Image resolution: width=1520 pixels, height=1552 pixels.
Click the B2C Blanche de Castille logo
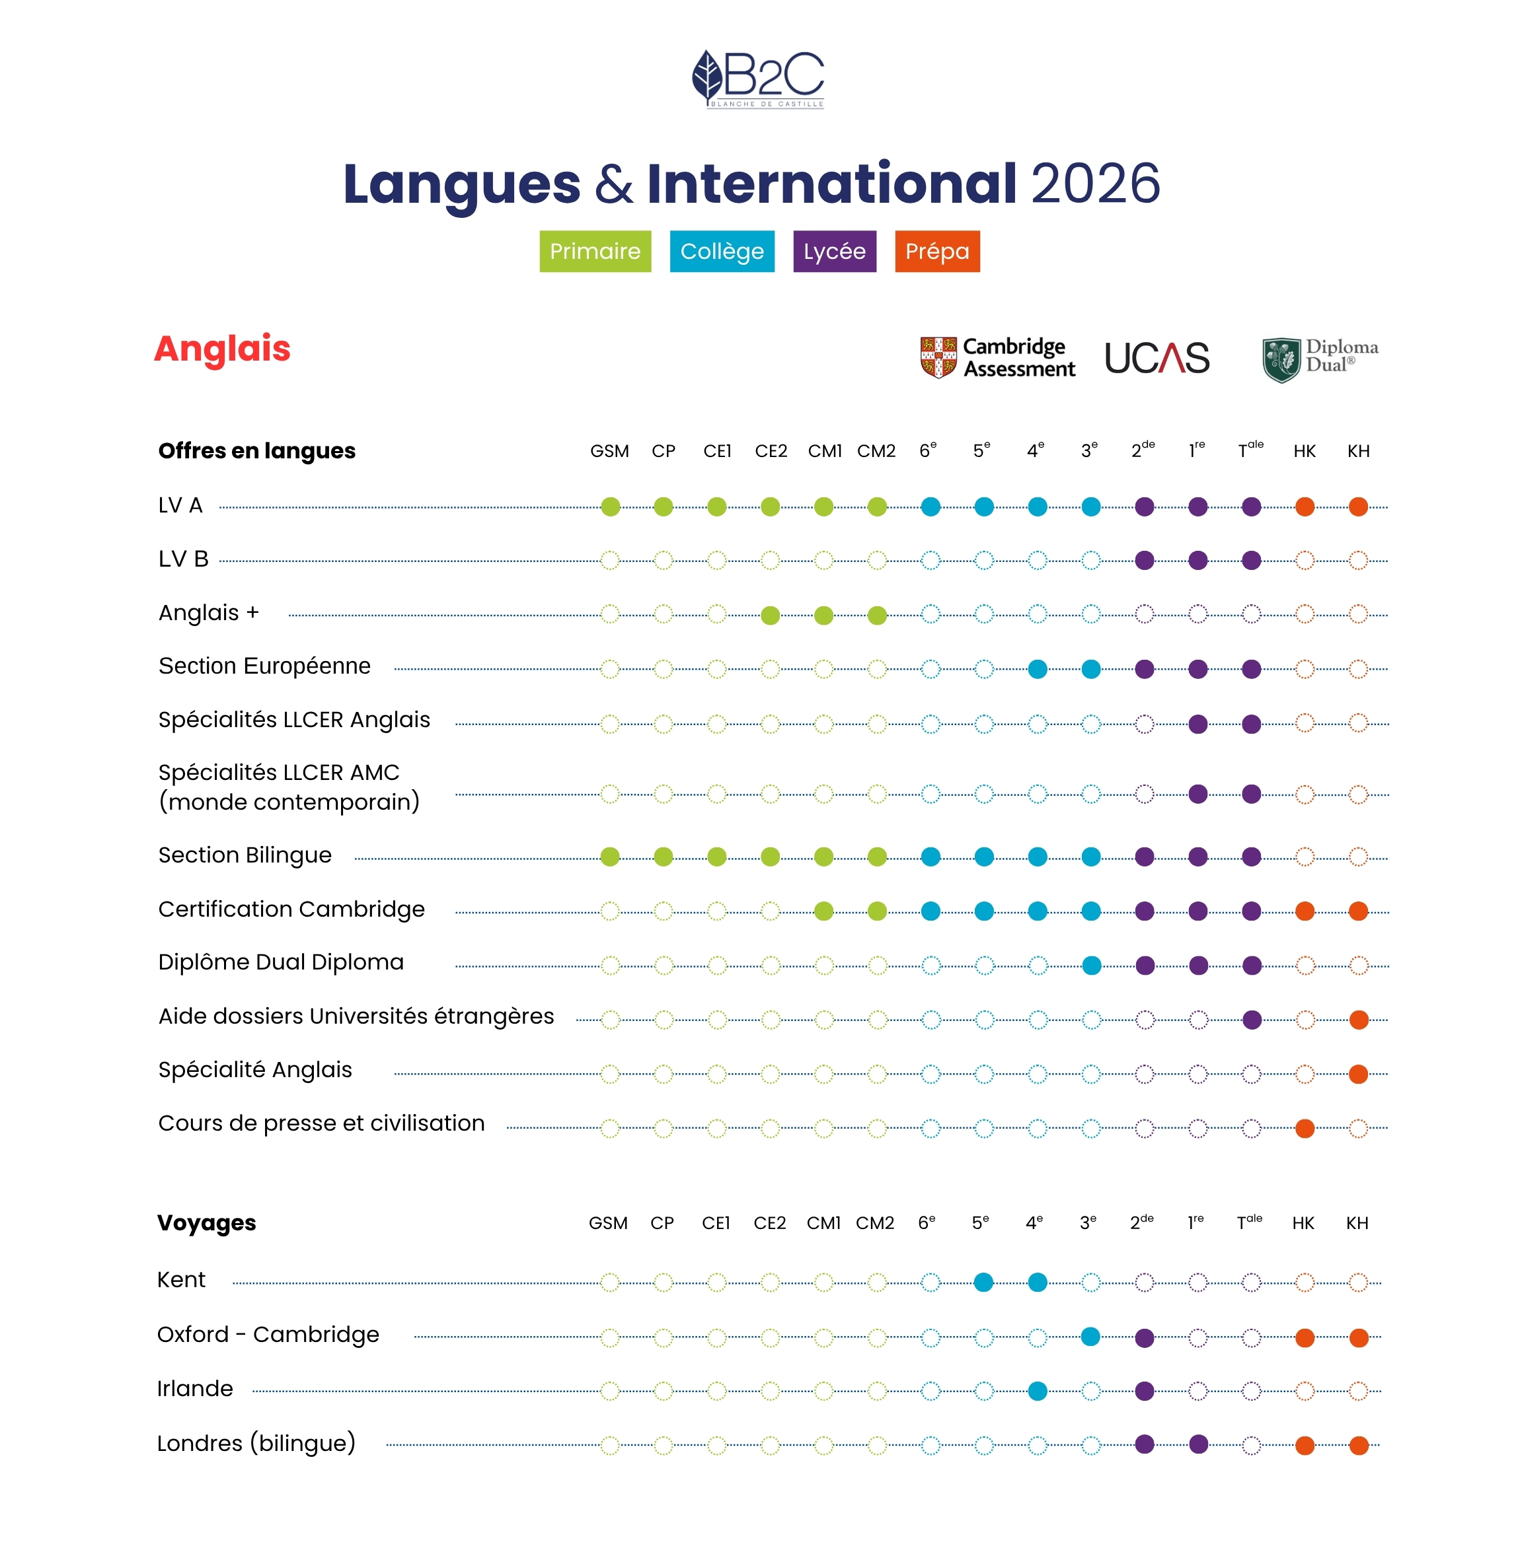759,79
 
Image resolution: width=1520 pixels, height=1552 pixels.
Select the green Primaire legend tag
595,252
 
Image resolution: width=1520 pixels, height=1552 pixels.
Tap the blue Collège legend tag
722,252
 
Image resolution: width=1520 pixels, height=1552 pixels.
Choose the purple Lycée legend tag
834,252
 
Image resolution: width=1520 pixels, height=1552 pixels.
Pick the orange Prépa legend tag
937,252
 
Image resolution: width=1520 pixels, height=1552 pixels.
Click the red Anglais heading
223,349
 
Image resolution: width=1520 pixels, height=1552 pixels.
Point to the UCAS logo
1157,358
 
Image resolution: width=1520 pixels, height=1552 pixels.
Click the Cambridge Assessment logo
998,357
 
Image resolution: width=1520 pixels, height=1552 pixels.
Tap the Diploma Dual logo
1320,358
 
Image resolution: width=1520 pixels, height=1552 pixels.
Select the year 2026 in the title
1095,184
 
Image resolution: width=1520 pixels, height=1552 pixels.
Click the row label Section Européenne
264,666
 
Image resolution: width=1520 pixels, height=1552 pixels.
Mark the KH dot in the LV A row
1358,507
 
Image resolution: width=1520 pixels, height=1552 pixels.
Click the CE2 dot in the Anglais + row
771,616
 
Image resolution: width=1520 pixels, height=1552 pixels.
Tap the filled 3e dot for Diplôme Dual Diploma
1091,966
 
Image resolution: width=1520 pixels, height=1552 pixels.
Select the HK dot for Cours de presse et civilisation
1305,1128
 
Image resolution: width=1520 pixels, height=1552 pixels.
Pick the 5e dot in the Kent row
983,1283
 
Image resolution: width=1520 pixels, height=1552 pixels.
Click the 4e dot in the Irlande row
1038,1391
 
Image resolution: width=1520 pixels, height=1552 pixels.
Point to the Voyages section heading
207,1223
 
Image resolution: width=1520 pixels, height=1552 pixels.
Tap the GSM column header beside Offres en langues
609,452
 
